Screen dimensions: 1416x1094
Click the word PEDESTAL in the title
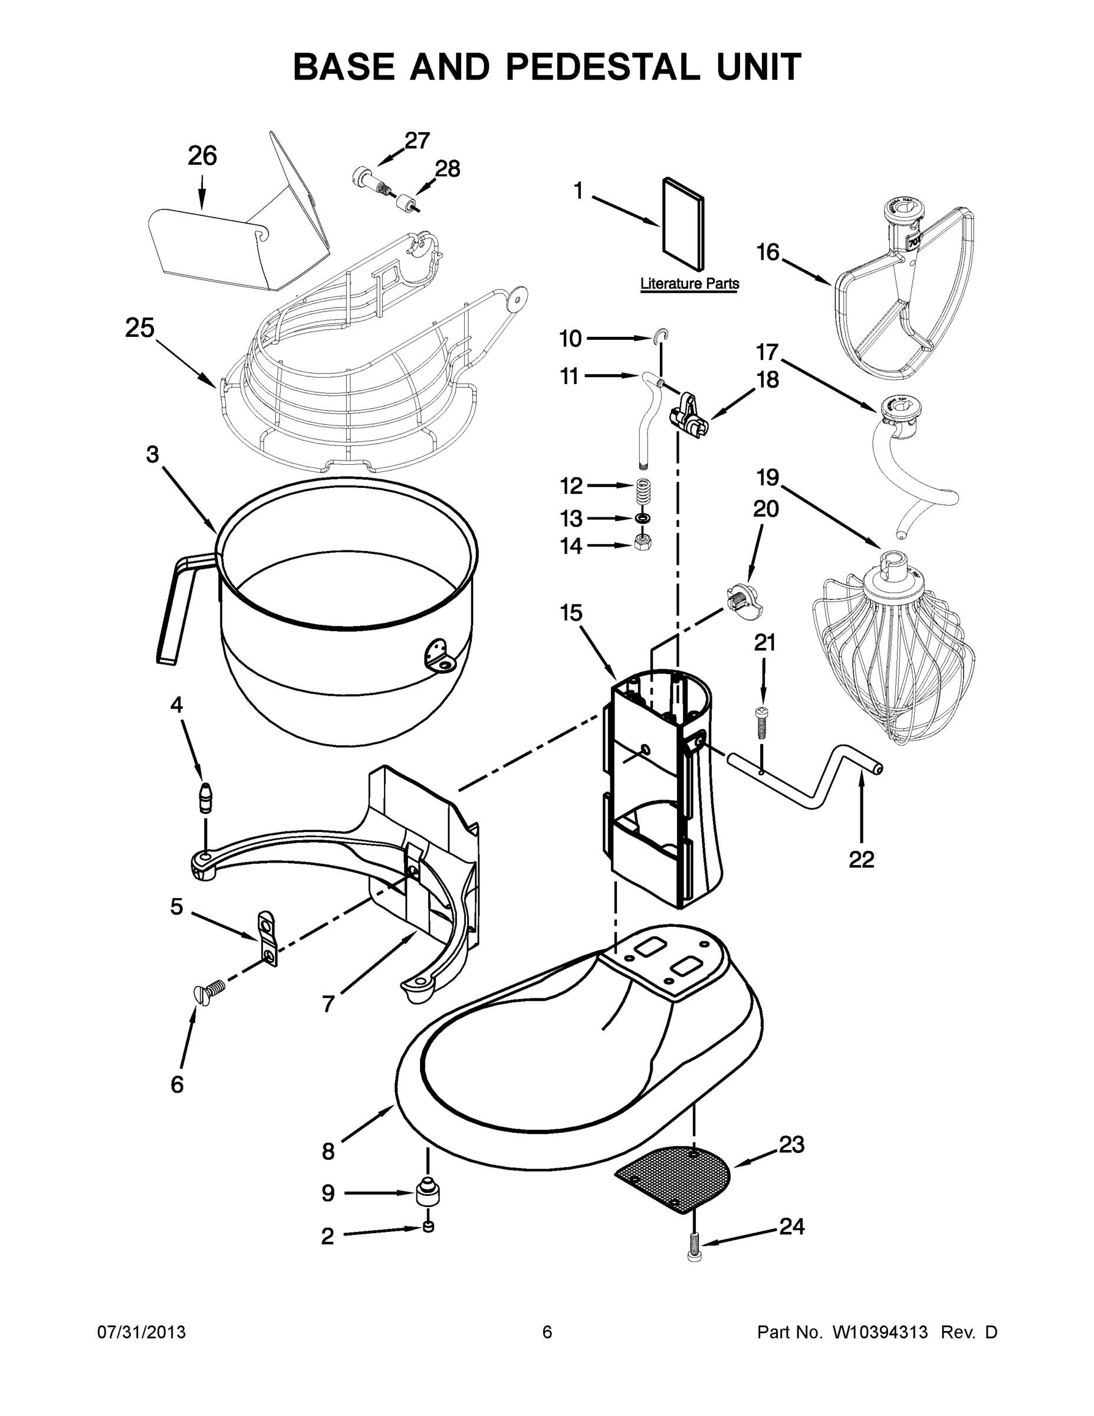click(602, 67)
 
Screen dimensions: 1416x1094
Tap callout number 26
click(202, 156)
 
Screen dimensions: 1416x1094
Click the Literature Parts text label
click(689, 284)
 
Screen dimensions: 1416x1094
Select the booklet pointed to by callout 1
click(683, 224)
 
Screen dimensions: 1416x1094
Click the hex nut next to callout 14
click(643, 542)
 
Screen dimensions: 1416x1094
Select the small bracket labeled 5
click(267, 938)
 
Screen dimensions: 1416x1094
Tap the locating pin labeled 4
click(206, 798)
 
